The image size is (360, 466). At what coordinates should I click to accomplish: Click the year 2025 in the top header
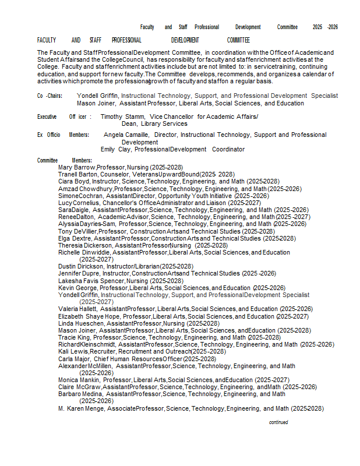[317, 27]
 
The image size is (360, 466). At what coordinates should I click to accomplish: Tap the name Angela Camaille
[126, 135]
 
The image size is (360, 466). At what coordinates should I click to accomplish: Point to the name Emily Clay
[115, 149]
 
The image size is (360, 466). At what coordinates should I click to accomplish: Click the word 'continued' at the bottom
[278, 422]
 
